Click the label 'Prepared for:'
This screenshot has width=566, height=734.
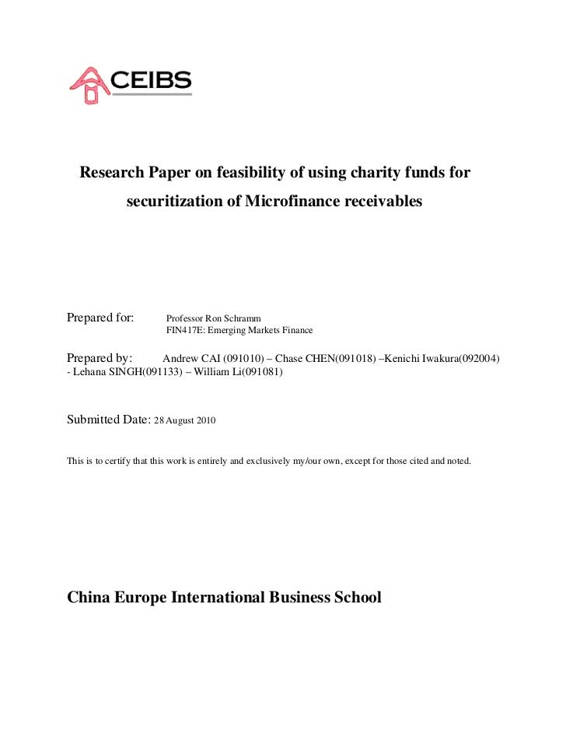pyautogui.click(x=100, y=318)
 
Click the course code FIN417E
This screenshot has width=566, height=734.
pyautogui.click(x=182, y=331)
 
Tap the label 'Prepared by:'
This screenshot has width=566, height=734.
pyautogui.click(x=100, y=359)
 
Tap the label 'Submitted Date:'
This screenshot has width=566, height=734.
pyautogui.click(x=108, y=420)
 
